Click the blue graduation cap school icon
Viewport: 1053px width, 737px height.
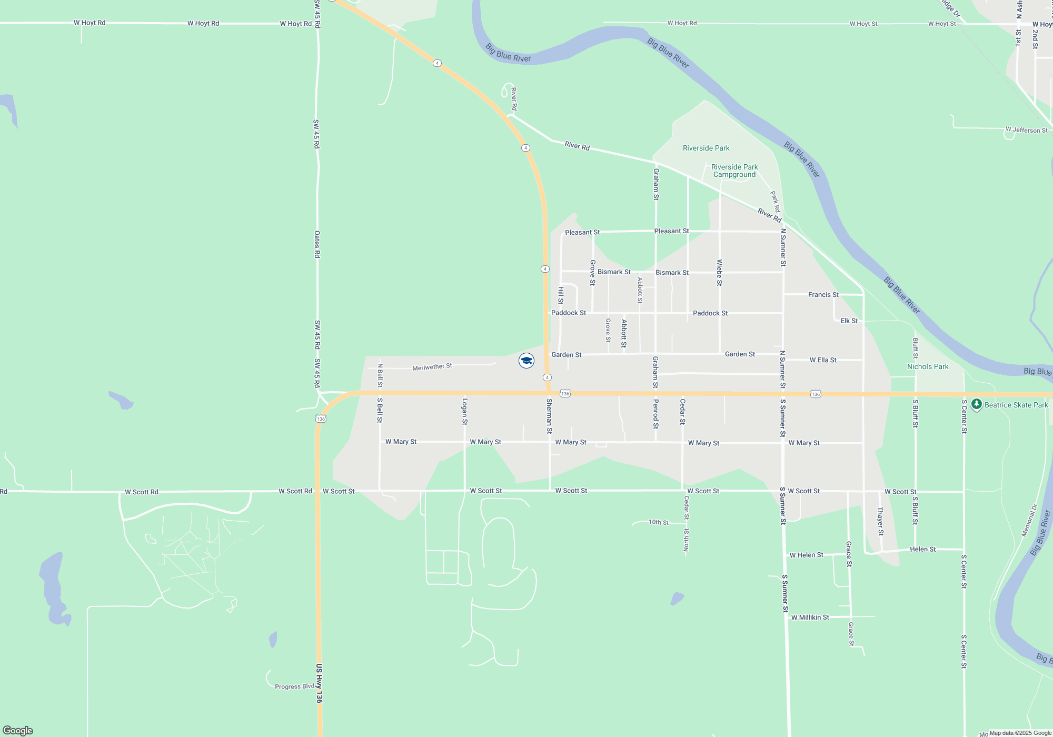coord(526,361)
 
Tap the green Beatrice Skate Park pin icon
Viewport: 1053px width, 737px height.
coord(977,404)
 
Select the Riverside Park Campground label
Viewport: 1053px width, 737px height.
coord(734,171)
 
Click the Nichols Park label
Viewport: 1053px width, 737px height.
coord(928,366)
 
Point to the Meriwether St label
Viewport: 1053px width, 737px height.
coord(432,367)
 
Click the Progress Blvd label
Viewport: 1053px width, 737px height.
coord(294,686)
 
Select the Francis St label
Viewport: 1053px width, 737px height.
coord(823,295)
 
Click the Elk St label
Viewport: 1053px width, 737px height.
coord(849,321)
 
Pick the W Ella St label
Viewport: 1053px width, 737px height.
coord(823,360)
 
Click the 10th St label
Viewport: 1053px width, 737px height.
coord(658,522)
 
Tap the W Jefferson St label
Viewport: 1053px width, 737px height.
coord(1026,130)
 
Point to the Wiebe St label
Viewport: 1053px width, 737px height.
coord(720,273)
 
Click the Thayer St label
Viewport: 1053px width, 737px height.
coord(880,521)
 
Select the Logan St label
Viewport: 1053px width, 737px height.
coord(464,411)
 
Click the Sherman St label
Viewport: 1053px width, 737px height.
coord(549,416)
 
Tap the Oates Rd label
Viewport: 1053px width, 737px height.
coord(317,244)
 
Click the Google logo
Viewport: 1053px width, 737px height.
coord(18,730)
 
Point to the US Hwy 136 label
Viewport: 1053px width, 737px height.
coord(319,683)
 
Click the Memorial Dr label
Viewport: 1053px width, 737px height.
coord(1029,521)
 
